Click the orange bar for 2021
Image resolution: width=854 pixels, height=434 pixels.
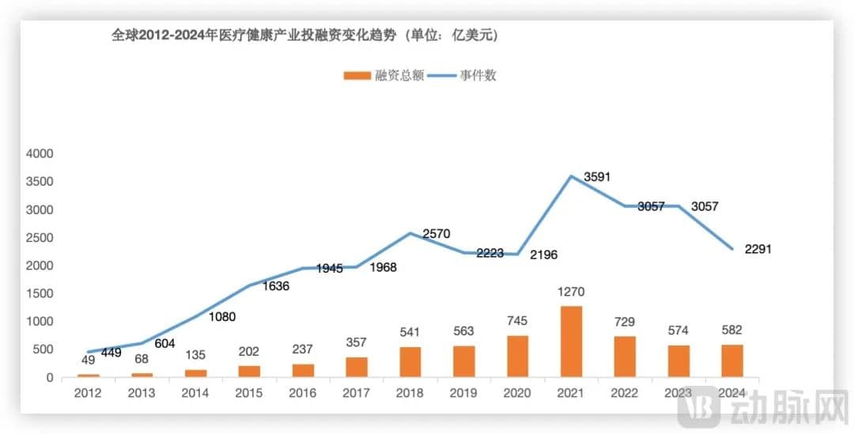click(571, 342)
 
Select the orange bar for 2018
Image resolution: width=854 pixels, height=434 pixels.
click(410, 362)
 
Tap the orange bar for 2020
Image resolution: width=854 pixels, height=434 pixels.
click(517, 357)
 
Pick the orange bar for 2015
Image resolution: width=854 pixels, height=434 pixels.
click(248, 372)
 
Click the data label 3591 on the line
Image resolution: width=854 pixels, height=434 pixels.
click(598, 178)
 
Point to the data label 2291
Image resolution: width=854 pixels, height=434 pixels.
click(758, 249)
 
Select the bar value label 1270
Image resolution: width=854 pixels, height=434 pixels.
click(571, 292)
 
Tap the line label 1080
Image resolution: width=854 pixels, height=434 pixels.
click(221, 317)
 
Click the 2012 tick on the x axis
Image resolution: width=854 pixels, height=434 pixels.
click(88, 391)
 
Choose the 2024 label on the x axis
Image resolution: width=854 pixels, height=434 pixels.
click(732, 391)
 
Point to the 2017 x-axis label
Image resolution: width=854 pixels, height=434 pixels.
click(357, 391)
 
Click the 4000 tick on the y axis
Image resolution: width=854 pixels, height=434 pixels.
click(38, 153)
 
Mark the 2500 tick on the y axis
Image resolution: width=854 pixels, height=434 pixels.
click(38, 238)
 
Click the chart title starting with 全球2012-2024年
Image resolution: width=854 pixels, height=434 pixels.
click(304, 36)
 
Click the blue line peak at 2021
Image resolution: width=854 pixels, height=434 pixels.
click(571, 175)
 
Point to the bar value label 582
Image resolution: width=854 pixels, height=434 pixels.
click(732, 330)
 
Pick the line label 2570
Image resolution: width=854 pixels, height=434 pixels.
click(436, 233)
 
